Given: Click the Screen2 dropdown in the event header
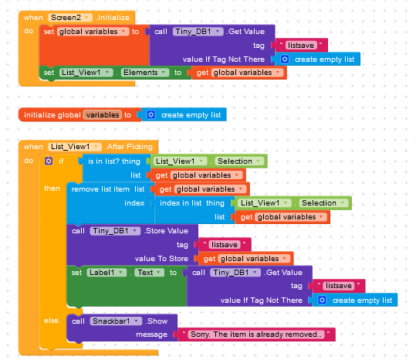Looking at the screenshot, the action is (x=70, y=18).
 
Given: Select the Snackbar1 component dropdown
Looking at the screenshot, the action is (x=116, y=321).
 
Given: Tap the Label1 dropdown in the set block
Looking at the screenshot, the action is (x=107, y=273).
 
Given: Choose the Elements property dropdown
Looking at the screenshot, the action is (x=145, y=73).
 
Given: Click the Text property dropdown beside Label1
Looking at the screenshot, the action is (x=150, y=273).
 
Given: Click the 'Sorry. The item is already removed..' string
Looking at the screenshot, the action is (x=255, y=335).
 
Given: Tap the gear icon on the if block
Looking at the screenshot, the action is (x=49, y=161).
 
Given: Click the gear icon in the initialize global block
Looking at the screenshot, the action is (x=151, y=114).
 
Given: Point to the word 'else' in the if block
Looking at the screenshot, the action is (x=51, y=321).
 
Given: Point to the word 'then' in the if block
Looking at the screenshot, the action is (x=52, y=188).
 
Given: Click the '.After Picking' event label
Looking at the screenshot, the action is (x=129, y=147).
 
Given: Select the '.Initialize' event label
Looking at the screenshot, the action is (x=113, y=18).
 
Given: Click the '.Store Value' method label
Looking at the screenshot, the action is (x=166, y=231).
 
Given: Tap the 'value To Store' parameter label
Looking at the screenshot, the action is (x=161, y=259).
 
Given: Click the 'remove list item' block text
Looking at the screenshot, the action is (x=100, y=189).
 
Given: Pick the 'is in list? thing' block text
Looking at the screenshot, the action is (x=114, y=161).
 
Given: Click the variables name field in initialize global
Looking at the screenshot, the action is (x=103, y=114).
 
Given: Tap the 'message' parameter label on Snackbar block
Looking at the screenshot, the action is (x=151, y=335).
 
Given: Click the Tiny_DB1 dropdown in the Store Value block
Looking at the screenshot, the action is (x=115, y=231).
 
